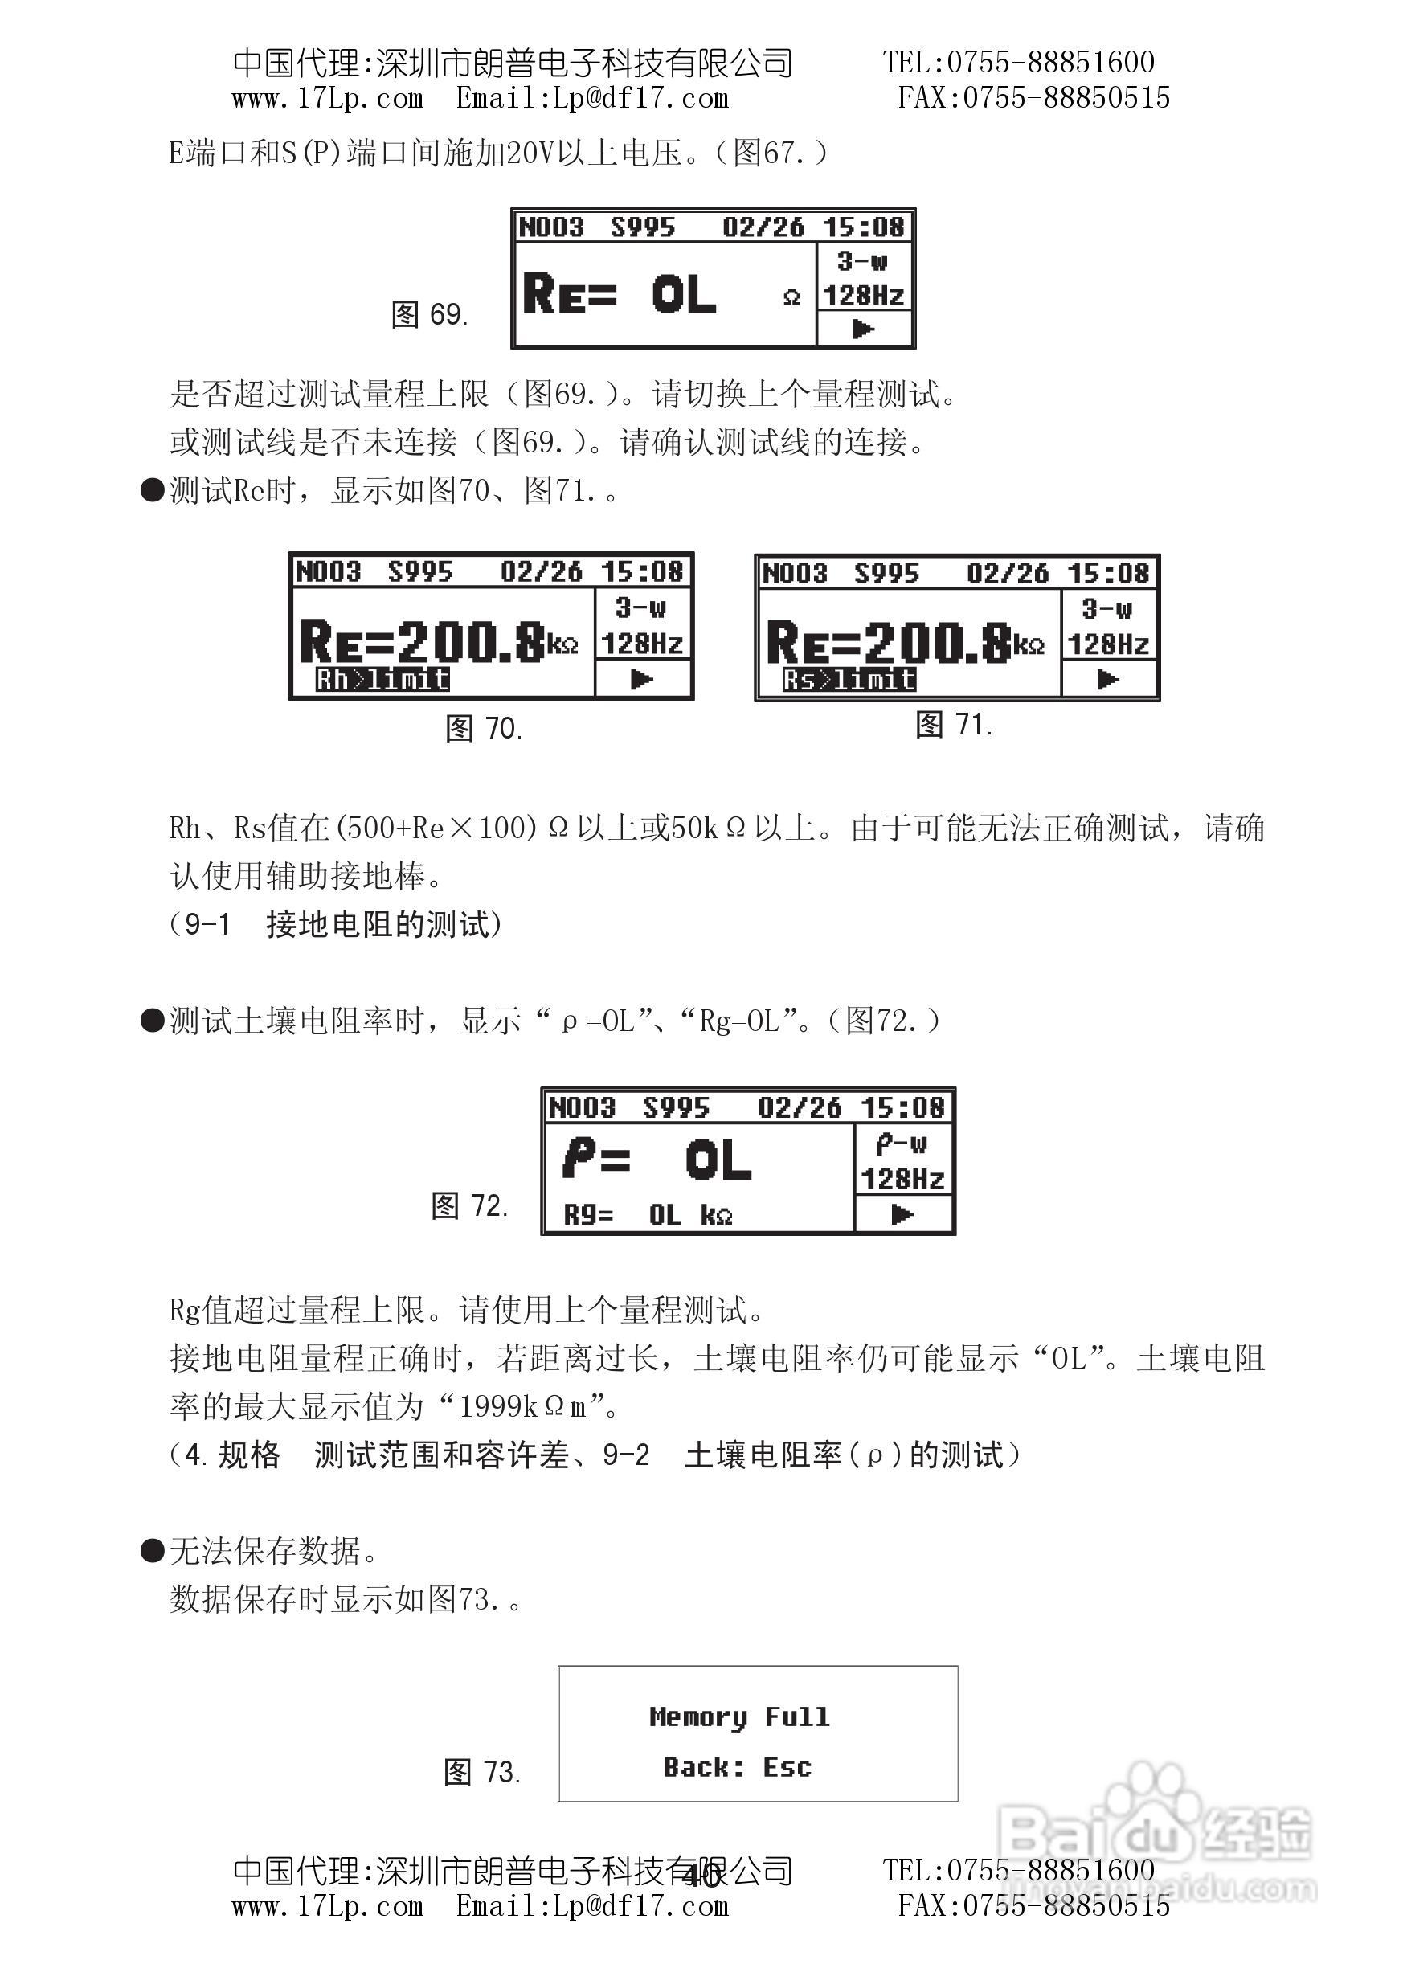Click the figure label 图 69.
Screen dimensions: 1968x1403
[429, 314]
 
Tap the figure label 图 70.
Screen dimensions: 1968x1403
[484, 728]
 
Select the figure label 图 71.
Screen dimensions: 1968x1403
[954, 724]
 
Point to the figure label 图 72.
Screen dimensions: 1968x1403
[470, 1205]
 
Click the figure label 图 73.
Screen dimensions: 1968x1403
[482, 1772]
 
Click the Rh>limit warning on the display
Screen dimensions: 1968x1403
[382, 679]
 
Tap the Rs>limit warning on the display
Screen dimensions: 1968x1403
[849, 680]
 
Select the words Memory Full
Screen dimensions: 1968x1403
[738, 1716]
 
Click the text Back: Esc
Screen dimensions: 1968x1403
[738, 1767]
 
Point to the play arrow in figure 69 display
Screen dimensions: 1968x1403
[863, 329]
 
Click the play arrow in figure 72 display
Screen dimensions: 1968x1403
[903, 1215]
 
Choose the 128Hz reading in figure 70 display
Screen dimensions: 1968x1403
[642, 644]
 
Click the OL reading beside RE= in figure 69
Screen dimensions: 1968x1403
[683, 295]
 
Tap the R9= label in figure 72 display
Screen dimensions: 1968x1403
[587, 1216]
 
